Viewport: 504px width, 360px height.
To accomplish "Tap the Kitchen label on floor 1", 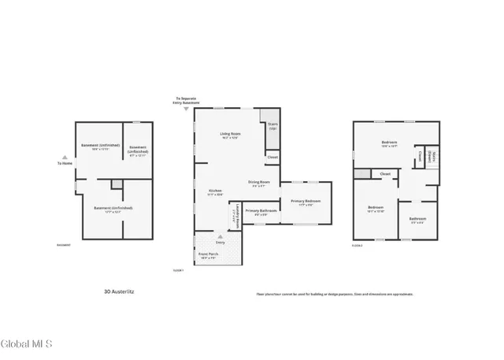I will pyautogui.click(x=214, y=191).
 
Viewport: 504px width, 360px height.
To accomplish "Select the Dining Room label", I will pyautogui.click(x=260, y=183).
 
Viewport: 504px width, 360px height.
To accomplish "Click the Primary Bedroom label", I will pyautogui.click(x=306, y=202).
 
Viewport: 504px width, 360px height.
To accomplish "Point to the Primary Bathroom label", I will pyautogui.click(x=260, y=211).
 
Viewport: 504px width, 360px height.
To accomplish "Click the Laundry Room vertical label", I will pyautogui.click(x=238, y=215).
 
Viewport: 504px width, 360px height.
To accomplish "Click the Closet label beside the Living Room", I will pyautogui.click(x=272, y=158).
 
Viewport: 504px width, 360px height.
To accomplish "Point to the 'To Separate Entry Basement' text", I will pyautogui.click(x=187, y=102).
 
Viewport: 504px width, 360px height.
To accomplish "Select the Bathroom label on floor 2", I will pyautogui.click(x=417, y=219).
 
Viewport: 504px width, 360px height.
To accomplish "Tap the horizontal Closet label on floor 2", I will pyautogui.click(x=385, y=173).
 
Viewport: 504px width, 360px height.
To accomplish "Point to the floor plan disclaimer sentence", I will pyautogui.click(x=334, y=294).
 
